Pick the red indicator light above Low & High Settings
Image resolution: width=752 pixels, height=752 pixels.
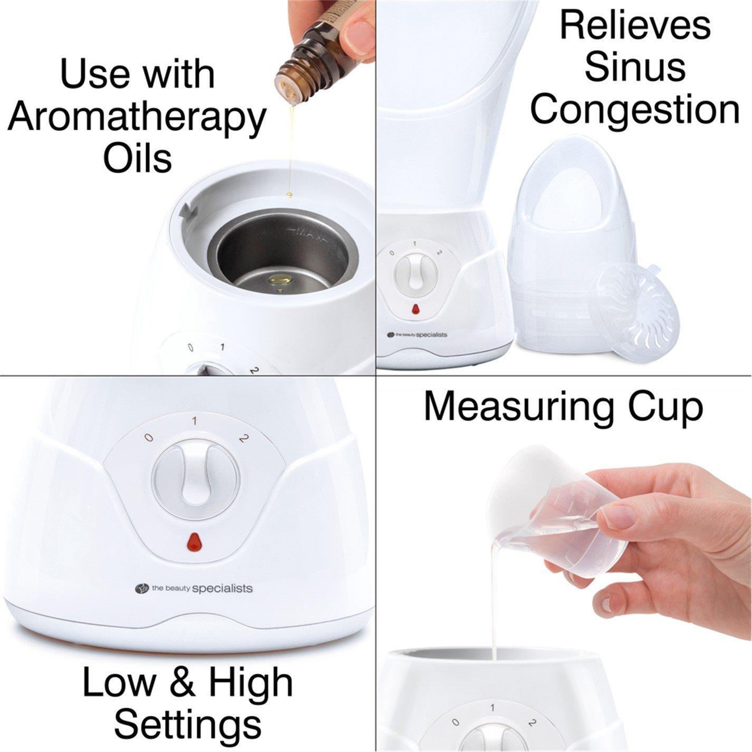pyautogui.click(x=194, y=542)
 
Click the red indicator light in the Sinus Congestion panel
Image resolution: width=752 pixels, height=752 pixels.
pyautogui.click(x=415, y=308)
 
